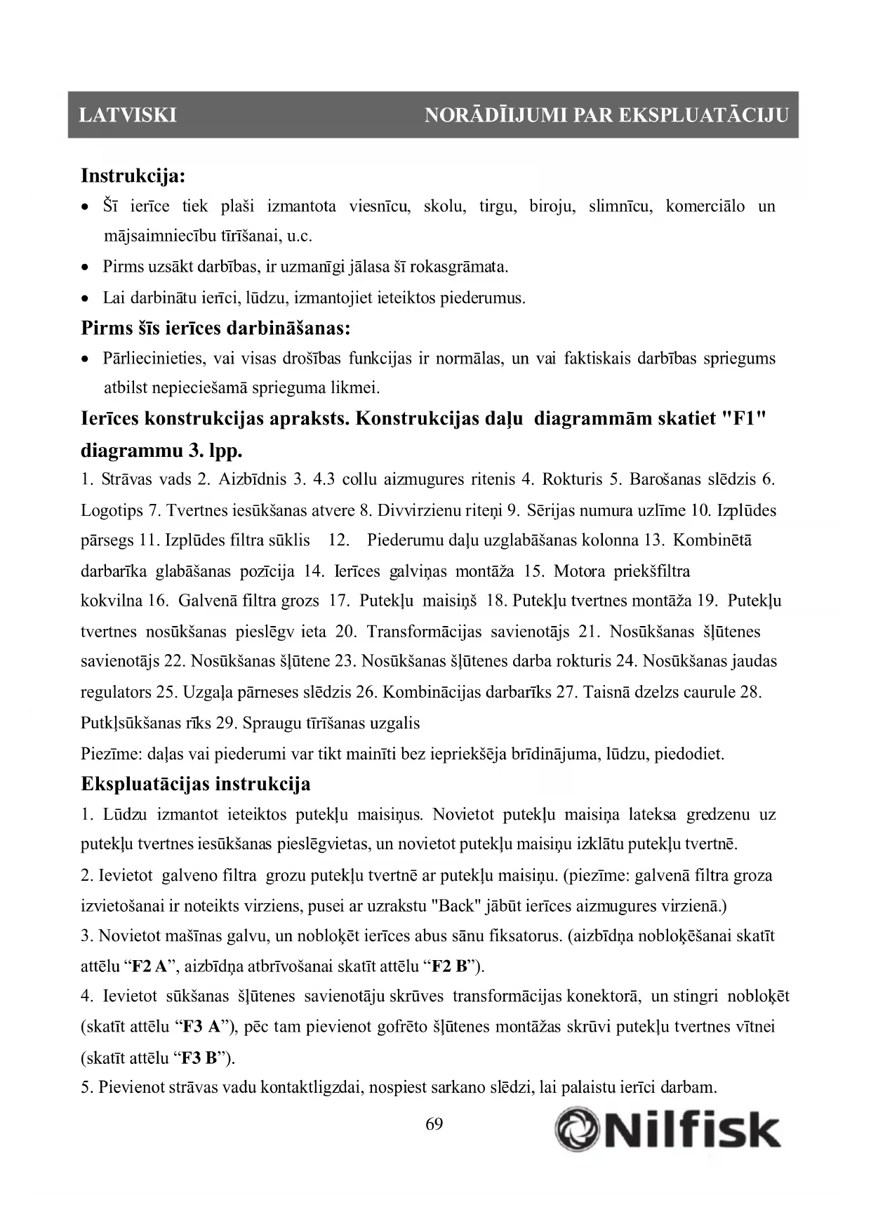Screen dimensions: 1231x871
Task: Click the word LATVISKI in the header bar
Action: (x=128, y=115)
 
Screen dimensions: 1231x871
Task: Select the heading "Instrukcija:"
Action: (x=133, y=175)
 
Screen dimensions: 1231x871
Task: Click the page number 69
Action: (x=434, y=1124)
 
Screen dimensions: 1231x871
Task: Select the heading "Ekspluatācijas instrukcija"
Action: (x=196, y=783)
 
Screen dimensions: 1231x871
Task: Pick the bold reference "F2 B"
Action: (x=450, y=966)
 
